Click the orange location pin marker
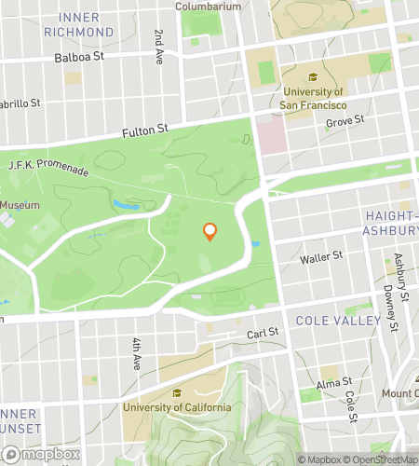coord(209,231)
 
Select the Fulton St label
coord(143,133)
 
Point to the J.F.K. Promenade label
coord(47,168)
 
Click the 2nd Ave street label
coord(159,45)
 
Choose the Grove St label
coord(345,120)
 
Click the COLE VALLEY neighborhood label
coord(338,321)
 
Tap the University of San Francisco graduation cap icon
coord(313,77)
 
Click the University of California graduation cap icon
coord(177,392)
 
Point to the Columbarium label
coord(212,6)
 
